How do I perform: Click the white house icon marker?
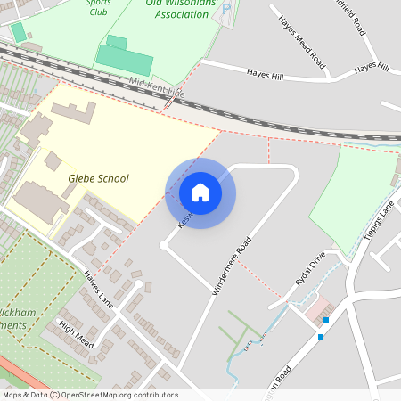click(x=200, y=192)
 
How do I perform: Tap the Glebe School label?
click(x=98, y=178)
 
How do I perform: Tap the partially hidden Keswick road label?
click(x=184, y=218)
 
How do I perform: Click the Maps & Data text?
click(x=24, y=395)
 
